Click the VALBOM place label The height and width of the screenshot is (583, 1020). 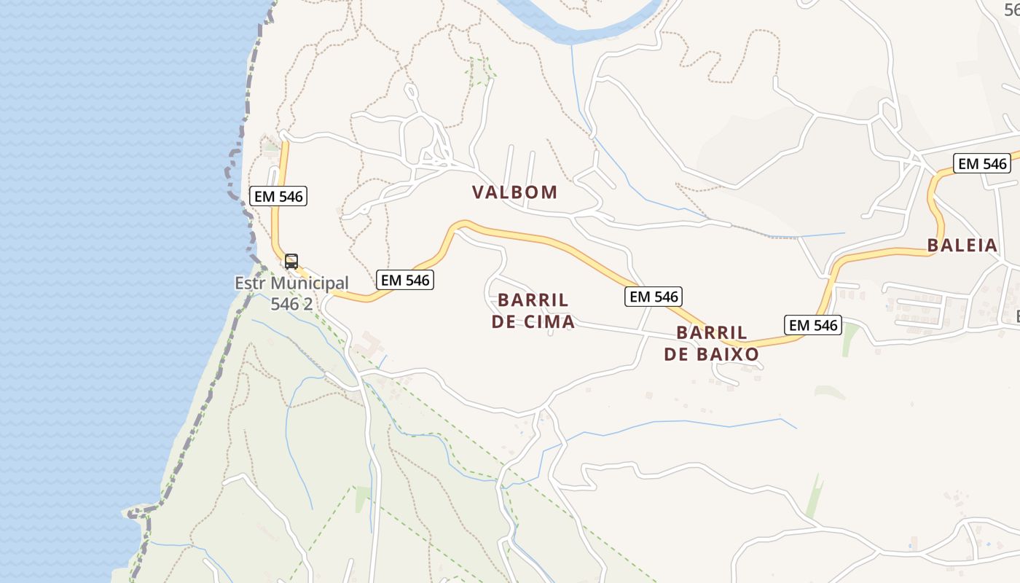coord(514,192)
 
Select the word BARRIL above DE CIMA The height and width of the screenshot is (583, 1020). coord(533,300)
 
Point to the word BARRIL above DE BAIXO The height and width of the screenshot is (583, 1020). coord(711,333)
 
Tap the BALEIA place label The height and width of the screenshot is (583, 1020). coord(962,246)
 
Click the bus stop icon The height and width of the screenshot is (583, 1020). coord(291,262)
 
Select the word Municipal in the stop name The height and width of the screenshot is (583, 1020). coord(310,283)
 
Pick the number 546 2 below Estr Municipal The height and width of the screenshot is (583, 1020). coord(291,304)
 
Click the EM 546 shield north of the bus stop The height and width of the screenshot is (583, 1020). coord(278,196)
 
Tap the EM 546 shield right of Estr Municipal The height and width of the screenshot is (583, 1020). coord(405,279)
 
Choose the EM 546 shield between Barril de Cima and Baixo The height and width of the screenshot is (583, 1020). coord(654,297)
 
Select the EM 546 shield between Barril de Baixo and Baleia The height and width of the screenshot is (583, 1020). coord(813,325)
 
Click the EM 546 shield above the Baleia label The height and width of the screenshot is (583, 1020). coord(982,163)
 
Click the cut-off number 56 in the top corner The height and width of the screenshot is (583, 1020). coord(1011,9)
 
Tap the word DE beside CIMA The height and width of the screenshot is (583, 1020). coord(503,321)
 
